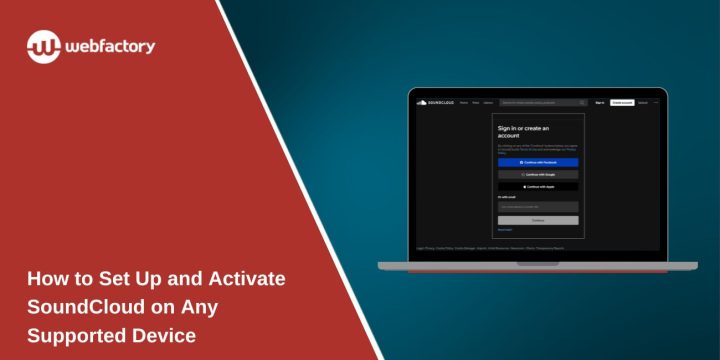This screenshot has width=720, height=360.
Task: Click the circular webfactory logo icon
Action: (x=44, y=46)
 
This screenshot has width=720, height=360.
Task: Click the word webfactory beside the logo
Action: (x=111, y=46)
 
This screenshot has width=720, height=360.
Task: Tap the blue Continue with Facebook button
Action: (x=538, y=162)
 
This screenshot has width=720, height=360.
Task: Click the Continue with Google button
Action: (x=538, y=174)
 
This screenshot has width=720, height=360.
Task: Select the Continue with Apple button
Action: (x=538, y=186)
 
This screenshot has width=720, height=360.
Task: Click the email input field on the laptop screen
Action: (x=538, y=207)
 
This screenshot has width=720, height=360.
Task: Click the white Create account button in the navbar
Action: (x=622, y=102)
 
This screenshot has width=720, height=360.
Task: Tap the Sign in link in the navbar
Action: (x=600, y=102)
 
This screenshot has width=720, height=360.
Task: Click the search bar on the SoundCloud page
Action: (x=543, y=102)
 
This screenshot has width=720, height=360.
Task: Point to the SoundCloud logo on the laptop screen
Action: (x=431, y=102)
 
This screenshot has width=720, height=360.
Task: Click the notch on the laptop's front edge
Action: (x=538, y=264)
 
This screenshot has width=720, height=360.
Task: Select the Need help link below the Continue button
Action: (x=504, y=230)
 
